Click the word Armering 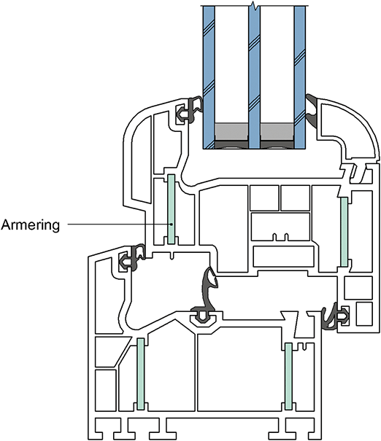click(x=31, y=225)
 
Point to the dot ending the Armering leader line click(x=172, y=225)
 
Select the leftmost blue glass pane click(x=209, y=77)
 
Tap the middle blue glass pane click(x=254, y=77)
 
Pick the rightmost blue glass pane click(x=300, y=77)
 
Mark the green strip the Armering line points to click(x=172, y=209)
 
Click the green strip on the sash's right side click(x=344, y=232)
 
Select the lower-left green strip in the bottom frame click(x=141, y=374)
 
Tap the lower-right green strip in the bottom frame click(x=288, y=376)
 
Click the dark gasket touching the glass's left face click(x=190, y=110)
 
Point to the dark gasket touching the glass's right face click(x=312, y=109)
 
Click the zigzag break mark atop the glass click(x=254, y=5)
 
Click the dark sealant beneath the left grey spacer click(x=231, y=144)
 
